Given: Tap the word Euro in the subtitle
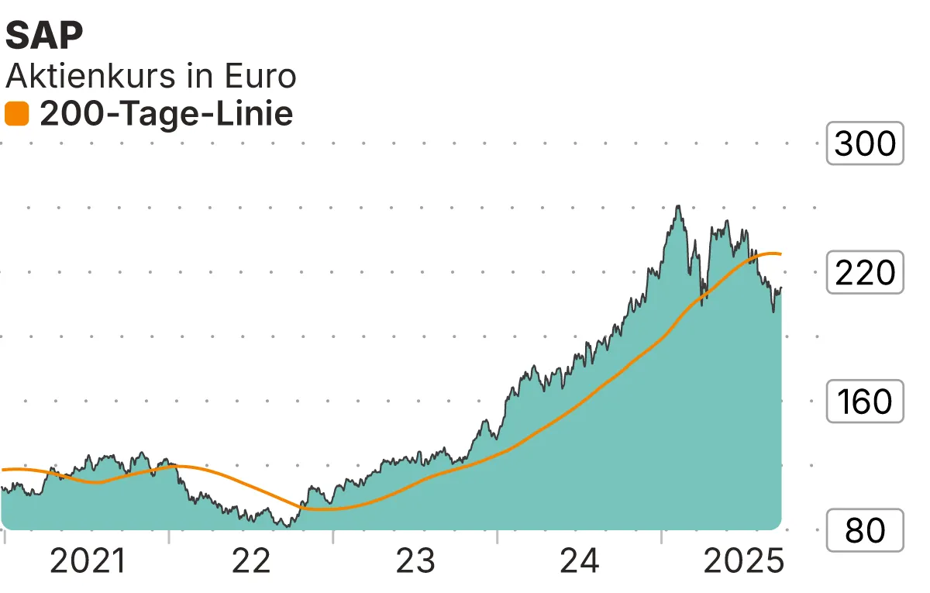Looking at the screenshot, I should pos(260,76).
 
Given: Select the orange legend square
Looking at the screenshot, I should pos(16,114).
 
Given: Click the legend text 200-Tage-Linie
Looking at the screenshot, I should pos(166,114).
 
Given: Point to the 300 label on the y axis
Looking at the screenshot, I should pos(865,143).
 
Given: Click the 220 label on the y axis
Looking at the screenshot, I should pos(865,273).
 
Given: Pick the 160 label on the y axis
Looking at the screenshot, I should pos(865,402).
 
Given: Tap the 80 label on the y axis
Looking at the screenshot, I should pos(865,531).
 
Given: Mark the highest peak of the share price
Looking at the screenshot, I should pos(678,205).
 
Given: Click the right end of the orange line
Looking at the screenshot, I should pos(781,254).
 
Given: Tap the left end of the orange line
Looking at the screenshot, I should pos(3,470).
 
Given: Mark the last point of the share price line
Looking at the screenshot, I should pos(781,288).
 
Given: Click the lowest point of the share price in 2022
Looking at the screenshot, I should pos(288,526).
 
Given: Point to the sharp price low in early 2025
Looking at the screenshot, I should pos(773,312).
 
